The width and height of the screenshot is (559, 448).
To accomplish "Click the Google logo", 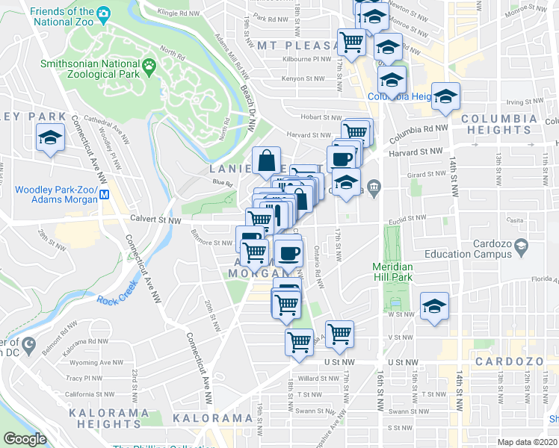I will (x=25, y=439).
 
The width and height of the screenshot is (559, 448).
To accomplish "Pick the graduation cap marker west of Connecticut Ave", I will (x=50, y=139).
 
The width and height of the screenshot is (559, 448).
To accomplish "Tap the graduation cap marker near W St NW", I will (x=433, y=306).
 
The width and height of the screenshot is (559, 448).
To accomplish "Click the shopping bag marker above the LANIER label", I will (x=267, y=161).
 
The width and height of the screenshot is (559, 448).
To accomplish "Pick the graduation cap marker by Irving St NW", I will (x=445, y=96).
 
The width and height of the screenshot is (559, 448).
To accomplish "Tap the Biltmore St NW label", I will (x=213, y=242).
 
